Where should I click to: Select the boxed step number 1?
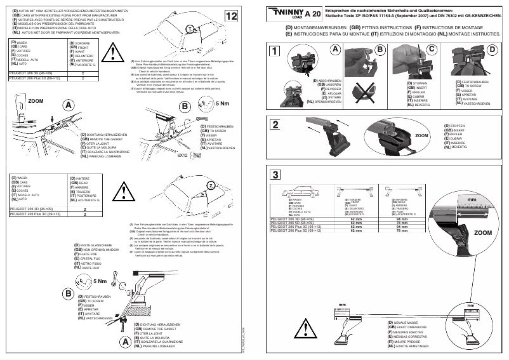click(x=274, y=51)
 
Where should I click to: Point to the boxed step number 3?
click(x=274, y=175)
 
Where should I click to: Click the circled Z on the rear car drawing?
click(x=210, y=184)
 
